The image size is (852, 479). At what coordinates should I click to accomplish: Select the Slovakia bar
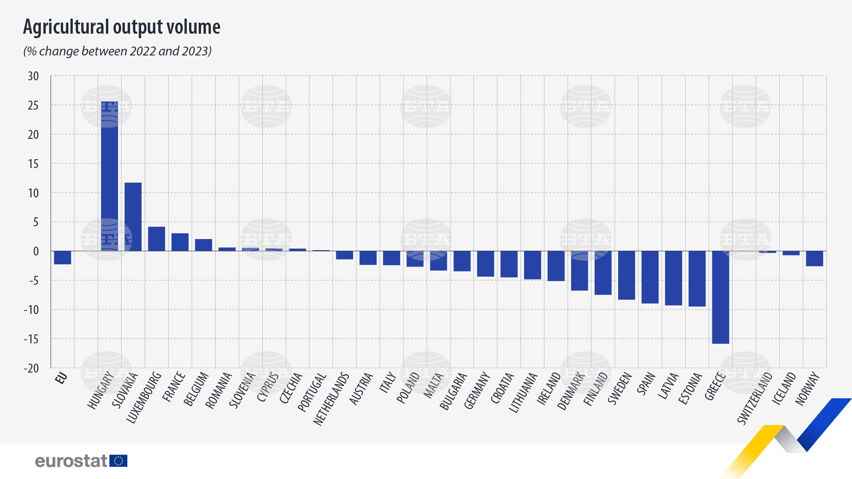tap(133, 217)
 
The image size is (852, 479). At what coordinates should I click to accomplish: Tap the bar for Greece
tap(721, 297)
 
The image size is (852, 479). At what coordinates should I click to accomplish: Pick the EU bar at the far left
tap(63, 258)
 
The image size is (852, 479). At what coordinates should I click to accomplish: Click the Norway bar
tap(815, 259)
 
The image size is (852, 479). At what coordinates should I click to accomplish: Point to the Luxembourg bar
tap(157, 239)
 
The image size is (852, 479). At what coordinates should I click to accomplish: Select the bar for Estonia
tap(697, 279)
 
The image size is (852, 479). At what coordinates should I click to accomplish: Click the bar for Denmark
tap(580, 271)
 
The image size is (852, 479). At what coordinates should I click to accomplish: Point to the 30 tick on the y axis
tap(33, 76)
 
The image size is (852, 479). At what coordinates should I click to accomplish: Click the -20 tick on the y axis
tap(32, 368)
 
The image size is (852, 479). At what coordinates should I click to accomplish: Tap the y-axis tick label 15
tap(33, 164)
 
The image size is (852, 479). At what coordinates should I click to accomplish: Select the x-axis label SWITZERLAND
tap(755, 398)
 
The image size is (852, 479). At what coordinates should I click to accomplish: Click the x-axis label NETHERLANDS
tap(331, 399)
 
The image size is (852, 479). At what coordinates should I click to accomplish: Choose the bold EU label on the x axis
tap(61, 378)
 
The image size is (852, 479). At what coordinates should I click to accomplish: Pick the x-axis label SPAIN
tap(646, 384)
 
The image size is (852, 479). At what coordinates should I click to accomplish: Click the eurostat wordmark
tap(71, 461)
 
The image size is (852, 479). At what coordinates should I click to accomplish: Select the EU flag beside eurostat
tap(118, 461)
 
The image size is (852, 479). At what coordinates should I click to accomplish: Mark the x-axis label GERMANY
tap(477, 391)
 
